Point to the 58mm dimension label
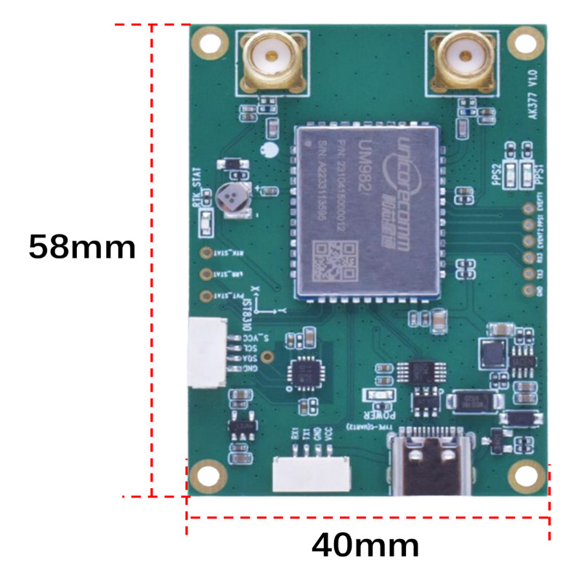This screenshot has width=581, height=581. pos(82,248)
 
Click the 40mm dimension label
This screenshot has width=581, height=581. pos(365,544)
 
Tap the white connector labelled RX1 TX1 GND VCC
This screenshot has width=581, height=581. pos(311,476)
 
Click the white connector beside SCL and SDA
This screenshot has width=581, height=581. pos(206,352)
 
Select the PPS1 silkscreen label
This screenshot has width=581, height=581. pos(538,175)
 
